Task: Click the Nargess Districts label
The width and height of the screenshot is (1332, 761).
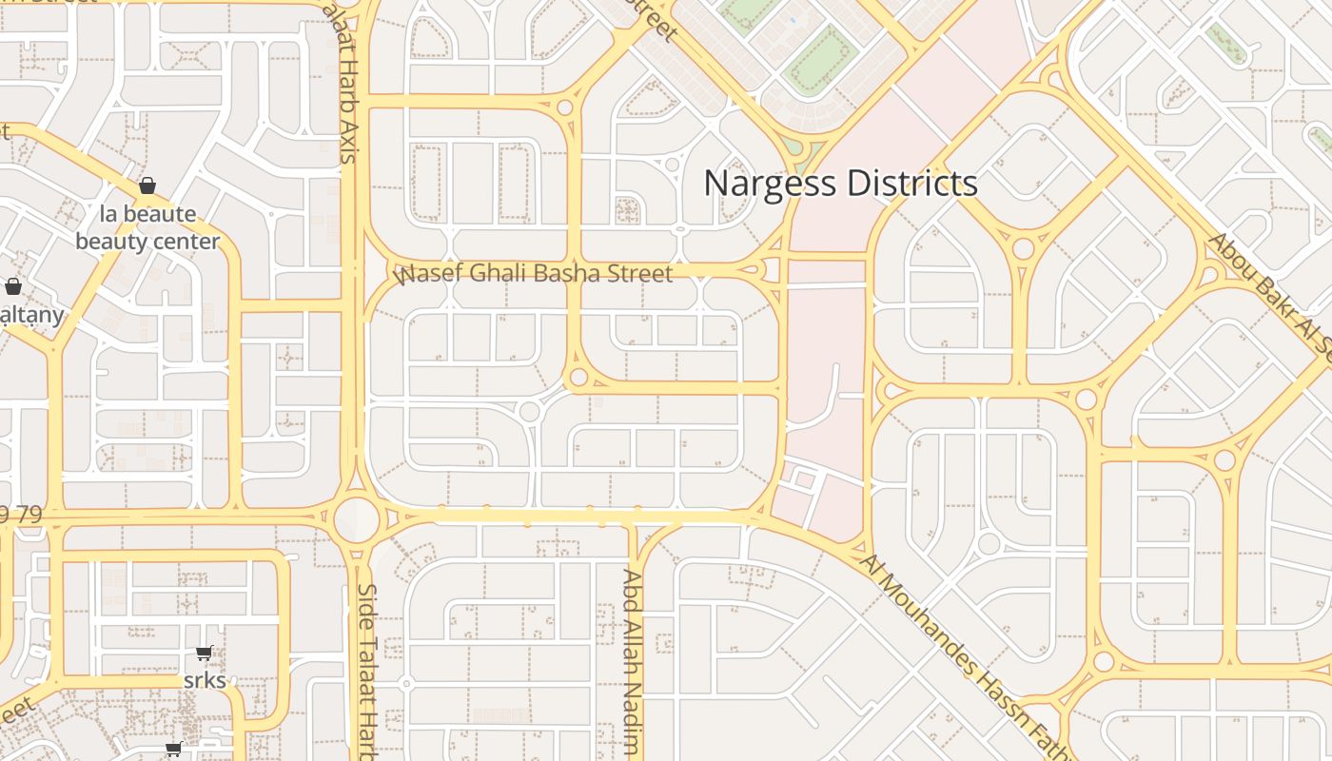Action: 840,183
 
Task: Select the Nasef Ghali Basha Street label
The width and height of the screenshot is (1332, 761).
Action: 534,274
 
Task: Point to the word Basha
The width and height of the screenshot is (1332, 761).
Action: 565,274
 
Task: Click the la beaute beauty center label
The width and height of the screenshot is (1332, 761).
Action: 147,227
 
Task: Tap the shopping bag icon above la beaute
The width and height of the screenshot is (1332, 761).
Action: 147,185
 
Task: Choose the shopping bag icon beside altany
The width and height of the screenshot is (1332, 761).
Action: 13,285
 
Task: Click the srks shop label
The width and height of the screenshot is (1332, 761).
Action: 205,680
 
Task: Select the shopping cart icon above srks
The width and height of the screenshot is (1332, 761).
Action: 204,654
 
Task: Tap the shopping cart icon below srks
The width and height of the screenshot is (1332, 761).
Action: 173,749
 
